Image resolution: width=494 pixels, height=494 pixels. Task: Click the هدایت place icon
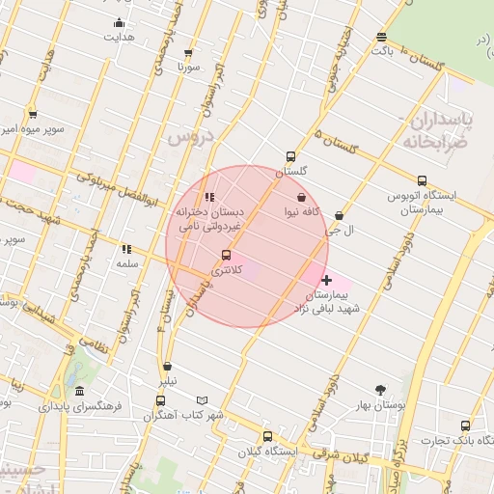tap(119, 23)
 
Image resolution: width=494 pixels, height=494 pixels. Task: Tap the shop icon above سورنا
tap(187, 53)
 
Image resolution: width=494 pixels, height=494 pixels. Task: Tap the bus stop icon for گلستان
tap(290, 156)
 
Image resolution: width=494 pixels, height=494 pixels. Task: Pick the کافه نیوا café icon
tap(302, 197)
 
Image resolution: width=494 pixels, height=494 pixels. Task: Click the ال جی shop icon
tap(339, 216)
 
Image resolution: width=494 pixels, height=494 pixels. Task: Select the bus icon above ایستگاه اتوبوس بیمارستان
tap(422, 180)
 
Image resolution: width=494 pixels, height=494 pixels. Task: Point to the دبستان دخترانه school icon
tap(209, 197)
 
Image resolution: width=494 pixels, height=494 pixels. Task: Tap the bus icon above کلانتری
tap(226, 255)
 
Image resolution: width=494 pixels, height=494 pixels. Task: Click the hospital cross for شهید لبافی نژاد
tap(327, 280)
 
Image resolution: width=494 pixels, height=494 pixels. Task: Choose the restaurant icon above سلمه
tap(126, 249)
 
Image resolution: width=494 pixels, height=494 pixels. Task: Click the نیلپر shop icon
tap(168, 366)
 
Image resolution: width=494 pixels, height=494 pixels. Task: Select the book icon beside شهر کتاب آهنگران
tap(202, 400)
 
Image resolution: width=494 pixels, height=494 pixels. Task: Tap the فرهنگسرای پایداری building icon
tap(78, 392)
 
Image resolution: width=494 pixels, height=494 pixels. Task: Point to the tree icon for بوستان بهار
tap(382, 391)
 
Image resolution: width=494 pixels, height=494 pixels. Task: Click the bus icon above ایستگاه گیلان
tap(267, 436)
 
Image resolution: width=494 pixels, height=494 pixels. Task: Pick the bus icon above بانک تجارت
tap(466, 425)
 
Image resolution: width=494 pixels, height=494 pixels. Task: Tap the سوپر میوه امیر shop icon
tap(32, 114)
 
